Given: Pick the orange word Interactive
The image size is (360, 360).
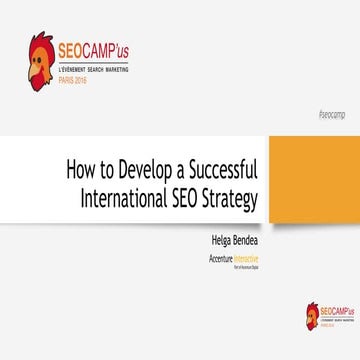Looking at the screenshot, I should pyautogui.click(x=246, y=257).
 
